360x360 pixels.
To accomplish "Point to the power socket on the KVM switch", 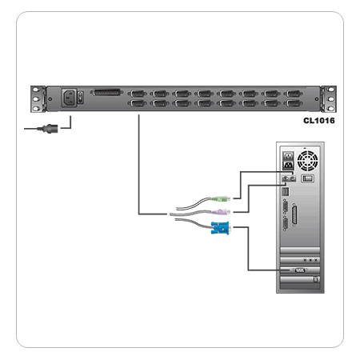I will tap(70, 99).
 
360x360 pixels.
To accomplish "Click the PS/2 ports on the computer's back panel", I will tap(288, 178).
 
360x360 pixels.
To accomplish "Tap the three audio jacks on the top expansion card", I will tap(310, 260).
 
